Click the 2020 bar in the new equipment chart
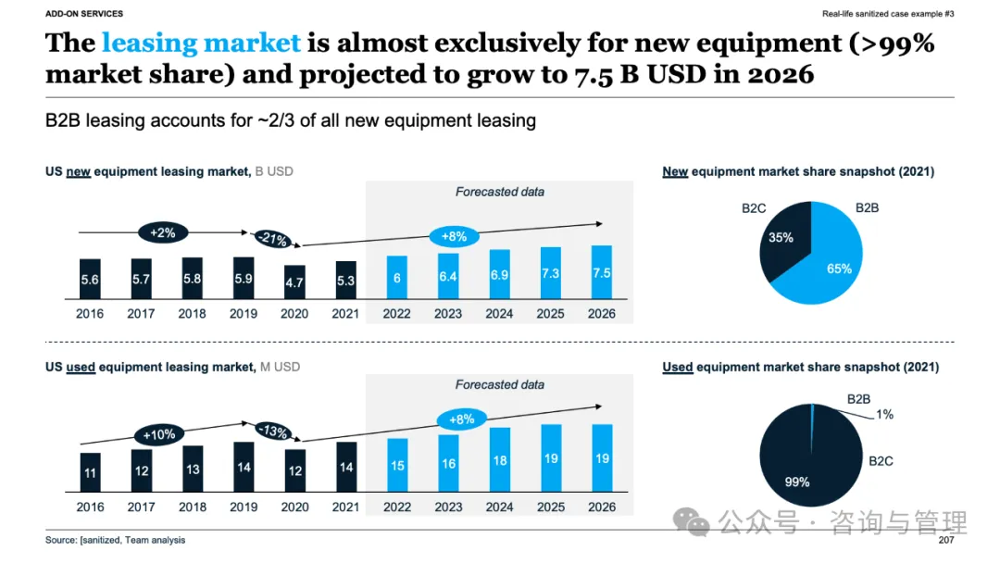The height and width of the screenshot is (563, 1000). point(294,281)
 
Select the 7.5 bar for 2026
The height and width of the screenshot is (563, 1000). point(602,272)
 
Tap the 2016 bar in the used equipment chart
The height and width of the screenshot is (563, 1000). point(90,472)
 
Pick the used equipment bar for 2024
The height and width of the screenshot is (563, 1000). point(499,459)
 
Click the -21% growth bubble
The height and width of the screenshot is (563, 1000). point(272,239)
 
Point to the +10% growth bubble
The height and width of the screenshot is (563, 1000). point(158,433)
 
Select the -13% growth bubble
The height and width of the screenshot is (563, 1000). point(272,432)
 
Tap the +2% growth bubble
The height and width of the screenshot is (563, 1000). point(162,232)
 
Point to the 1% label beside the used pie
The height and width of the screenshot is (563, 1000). point(884,415)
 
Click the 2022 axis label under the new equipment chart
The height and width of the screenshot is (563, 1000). point(396,314)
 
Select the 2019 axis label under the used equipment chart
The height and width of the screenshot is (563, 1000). point(244,507)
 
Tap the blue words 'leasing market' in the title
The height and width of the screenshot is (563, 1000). point(201,43)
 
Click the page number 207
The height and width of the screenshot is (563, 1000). point(945,540)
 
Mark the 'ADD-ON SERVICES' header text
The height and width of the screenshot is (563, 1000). point(84,14)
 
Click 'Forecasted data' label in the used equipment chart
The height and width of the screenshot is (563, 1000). point(499,384)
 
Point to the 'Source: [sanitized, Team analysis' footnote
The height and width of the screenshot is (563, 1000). point(115,540)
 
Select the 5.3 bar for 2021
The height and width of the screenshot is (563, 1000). point(345,280)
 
